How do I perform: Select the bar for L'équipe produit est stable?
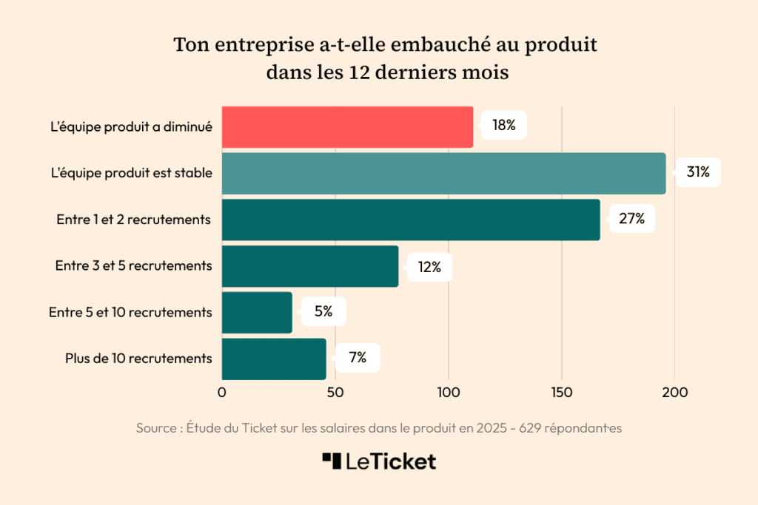(443, 173)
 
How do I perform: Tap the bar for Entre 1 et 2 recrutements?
(411, 220)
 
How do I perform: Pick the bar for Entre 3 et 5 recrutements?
(310, 266)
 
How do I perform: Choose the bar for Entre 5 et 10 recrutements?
(257, 312)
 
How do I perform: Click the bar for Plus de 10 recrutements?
(274, 359)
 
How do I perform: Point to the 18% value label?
(504, 126)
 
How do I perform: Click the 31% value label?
(698, 172)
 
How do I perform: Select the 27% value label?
(632, 219)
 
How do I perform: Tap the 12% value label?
(429, 267)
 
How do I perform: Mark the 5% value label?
(323, 312)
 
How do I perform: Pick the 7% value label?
(358, 358)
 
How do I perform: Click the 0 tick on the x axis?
(222, 393)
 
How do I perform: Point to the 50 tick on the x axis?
(335, 393)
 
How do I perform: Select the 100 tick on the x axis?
(449, 393)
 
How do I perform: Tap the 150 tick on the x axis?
(562, 393)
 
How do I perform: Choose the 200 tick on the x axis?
(674, 393)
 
